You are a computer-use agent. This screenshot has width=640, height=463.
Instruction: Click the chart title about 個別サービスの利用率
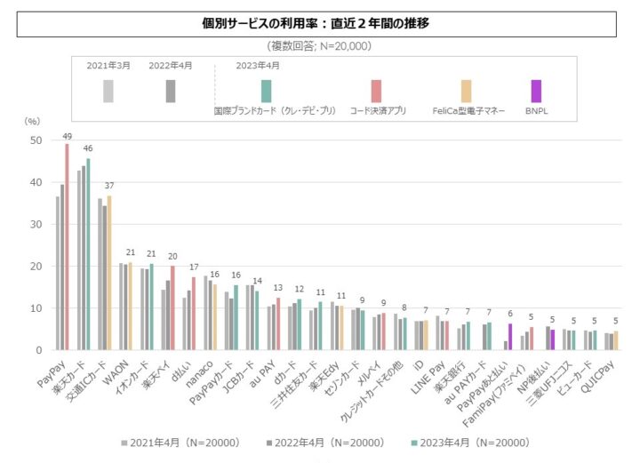pos(319,24)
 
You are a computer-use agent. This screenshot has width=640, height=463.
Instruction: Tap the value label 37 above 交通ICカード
pos(109,186)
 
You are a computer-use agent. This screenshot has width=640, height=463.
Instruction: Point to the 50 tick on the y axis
pos(36,140)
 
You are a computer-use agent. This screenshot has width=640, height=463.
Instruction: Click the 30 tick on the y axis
pos(36,225)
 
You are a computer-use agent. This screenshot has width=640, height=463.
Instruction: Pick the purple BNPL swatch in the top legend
pos(535,91)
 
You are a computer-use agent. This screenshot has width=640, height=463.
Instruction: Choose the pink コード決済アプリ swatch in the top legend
pos(377,91)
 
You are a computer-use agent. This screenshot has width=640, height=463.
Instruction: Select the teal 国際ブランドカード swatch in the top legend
pos(266,91)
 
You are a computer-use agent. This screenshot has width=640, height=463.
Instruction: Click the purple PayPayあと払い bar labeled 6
pos(509,337)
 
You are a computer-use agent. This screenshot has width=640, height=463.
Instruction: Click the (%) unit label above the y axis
pos(32,120)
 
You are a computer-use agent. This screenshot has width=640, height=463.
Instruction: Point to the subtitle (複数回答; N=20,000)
pos(319,45)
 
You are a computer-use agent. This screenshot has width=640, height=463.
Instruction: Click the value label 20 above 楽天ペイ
pos(172,257)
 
